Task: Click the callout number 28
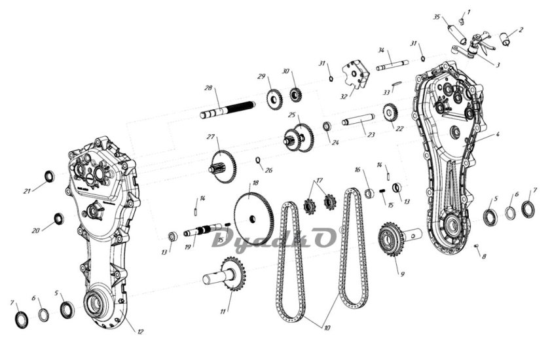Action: tap(208, 88)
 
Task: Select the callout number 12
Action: tap(140, 332)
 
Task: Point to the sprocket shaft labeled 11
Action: tap(225, 274)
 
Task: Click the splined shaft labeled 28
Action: tap(227, 110)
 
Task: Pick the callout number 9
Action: tap(402, 274)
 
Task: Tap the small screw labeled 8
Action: tap(477, 246)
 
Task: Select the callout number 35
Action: tap(436, 17)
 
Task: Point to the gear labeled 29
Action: tap(274, 99)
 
